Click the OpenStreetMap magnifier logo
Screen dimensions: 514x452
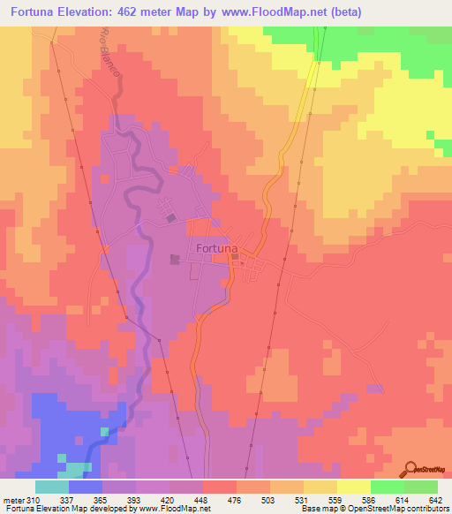pos(411,470)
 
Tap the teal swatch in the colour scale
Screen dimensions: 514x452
pos(52,487)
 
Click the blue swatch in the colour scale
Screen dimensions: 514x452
pos(86,487)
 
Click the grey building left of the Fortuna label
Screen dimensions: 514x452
pos(175,260)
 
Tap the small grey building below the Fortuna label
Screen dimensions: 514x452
pos(235,257)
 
